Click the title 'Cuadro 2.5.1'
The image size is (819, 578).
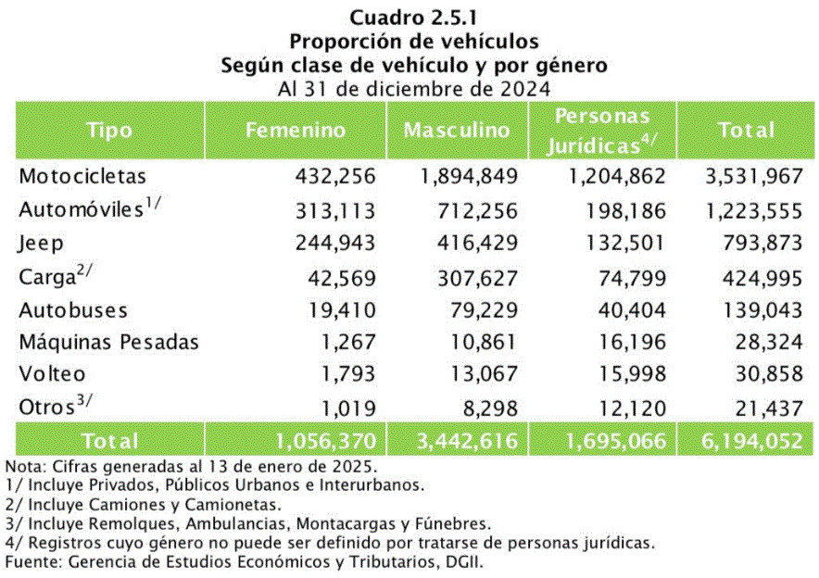413,17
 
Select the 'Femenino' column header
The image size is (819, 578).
296,130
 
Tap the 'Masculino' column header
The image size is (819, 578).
457,130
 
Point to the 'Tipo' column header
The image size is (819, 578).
110,130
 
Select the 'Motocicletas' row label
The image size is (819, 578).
82,176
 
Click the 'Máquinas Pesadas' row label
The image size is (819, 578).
108,342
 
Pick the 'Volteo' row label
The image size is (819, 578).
52,374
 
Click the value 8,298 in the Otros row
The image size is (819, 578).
487,408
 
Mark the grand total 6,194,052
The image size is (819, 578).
745,441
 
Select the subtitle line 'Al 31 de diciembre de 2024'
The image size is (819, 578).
413,90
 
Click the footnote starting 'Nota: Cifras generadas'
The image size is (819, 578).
191,466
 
